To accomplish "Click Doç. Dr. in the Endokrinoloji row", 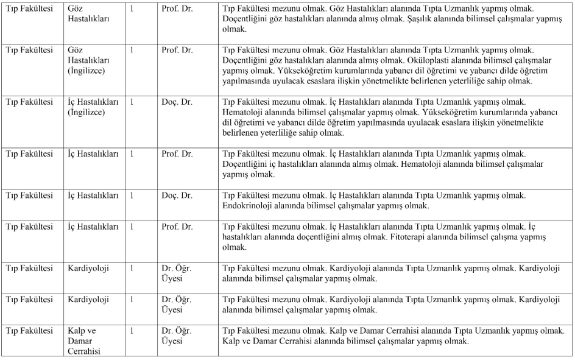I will click(177, 196).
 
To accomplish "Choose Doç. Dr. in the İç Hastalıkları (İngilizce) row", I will click(177, 102).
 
